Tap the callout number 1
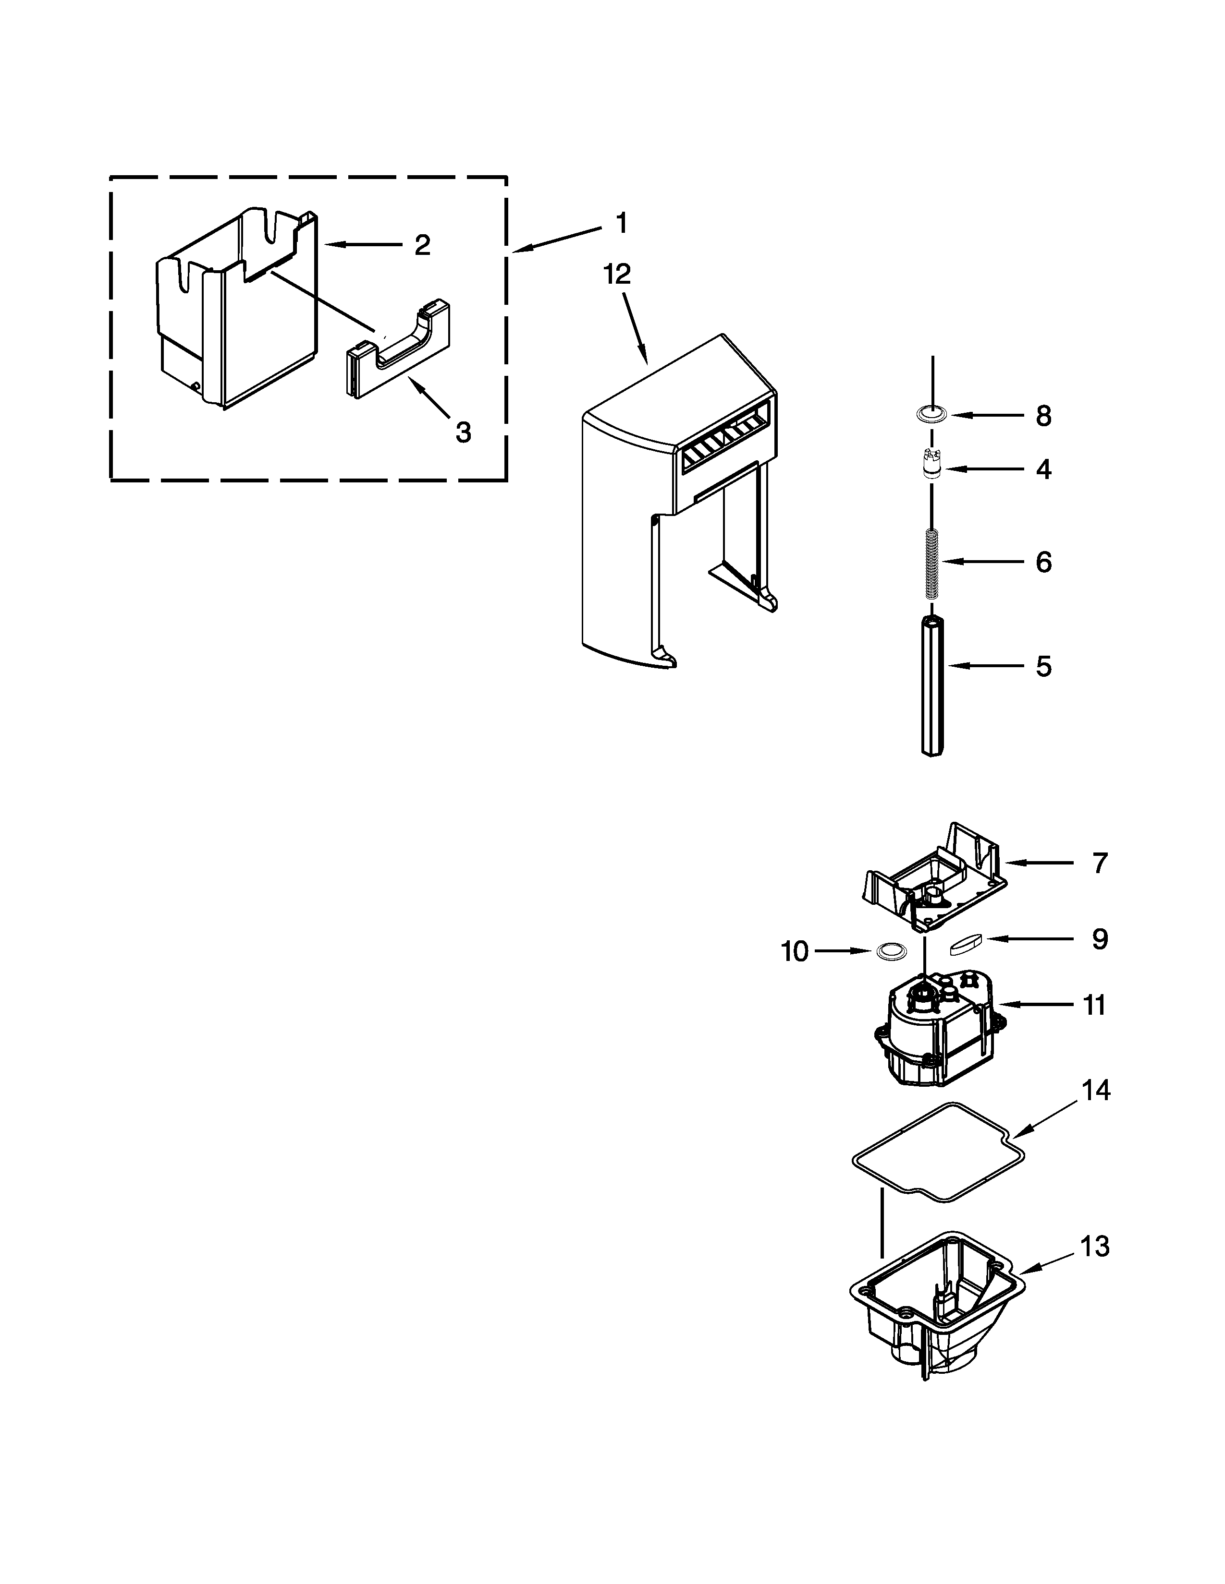click(x=621, y=223)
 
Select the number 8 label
click(x=1043, y=416)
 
